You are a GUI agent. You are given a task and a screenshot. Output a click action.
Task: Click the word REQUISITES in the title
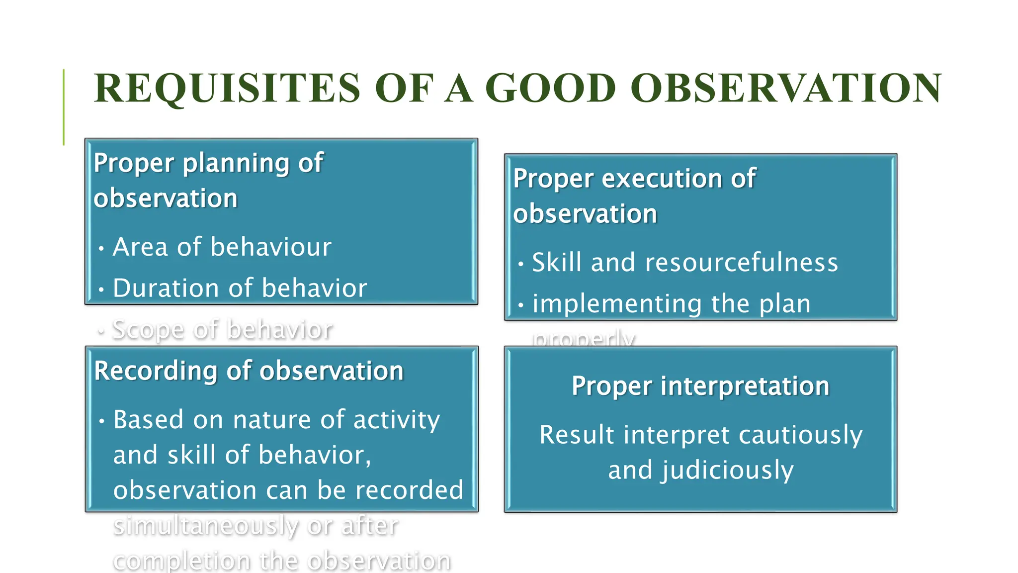tap(227, 89)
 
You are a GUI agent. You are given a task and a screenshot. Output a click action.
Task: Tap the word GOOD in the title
tap(550, 89)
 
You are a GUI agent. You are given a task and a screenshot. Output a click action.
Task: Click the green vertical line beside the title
tap(64, 107)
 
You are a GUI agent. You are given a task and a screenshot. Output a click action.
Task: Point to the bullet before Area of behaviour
tap(101, 248)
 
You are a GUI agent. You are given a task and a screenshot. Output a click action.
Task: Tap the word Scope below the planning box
tap(148, 329)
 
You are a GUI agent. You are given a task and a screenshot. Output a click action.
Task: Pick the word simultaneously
tap(205, 526)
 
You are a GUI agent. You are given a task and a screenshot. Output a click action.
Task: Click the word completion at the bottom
tap(182, 561)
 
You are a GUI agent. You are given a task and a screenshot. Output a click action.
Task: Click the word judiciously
tap(727, 470)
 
